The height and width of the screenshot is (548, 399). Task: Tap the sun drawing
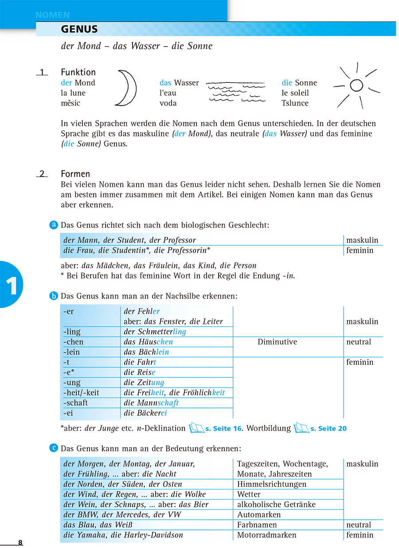tap(356, 85)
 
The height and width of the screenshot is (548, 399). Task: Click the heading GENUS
tap(79, 30)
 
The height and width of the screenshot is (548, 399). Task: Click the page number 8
tap(20, 543)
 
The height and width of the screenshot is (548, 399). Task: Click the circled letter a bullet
tap(54, 225)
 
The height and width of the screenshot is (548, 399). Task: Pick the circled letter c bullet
tap(54, 448)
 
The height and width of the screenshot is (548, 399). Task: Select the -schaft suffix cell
tap(76, 403)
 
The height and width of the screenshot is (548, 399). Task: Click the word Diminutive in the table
tap(277, 342)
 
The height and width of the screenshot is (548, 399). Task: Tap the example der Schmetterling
tap(155, 332)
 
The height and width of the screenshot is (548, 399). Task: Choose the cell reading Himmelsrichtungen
tap(272, 484)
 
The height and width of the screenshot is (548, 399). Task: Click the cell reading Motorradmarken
tap(266, 535)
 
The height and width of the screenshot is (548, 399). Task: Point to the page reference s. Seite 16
tap(224, 429)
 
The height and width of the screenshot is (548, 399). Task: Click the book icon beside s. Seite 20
tap(301, 428)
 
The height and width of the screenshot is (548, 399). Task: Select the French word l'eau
tap(168, 93)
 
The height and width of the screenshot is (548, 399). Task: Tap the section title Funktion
tap(78, 72)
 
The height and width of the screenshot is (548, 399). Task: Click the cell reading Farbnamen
tap(255, 525)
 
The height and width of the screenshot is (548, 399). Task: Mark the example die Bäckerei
tap(145, 413)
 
